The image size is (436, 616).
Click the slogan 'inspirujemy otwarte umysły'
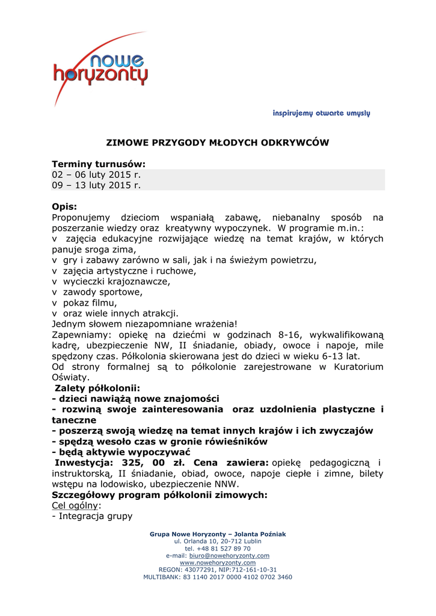pos(321,113)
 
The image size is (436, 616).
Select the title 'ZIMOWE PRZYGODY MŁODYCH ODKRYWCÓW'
pos(218,143)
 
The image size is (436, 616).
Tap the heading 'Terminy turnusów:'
pos(99,164)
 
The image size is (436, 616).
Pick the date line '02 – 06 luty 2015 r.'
pos(96,174)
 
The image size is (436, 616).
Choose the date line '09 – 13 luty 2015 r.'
pos(96,185)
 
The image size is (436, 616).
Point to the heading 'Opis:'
pos(64,206)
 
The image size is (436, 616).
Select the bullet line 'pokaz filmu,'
pos(90,303)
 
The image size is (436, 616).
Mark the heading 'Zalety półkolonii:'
pos(97,388)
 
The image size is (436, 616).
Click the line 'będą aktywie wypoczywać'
pos(121,452)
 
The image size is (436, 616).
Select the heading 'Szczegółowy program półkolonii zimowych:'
pos(159,495)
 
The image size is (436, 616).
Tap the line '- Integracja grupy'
pos(92,516)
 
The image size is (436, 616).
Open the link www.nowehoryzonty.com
pos(218,562)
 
